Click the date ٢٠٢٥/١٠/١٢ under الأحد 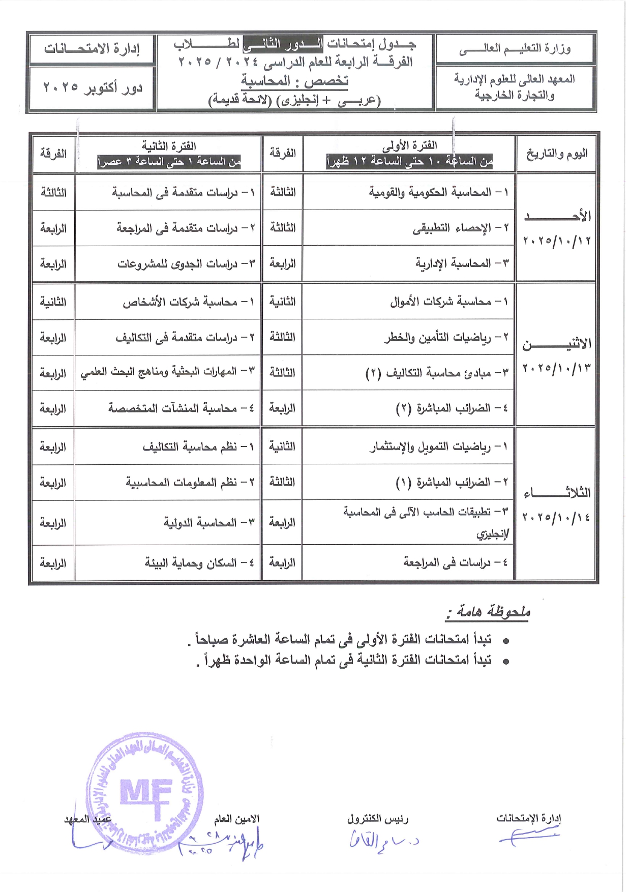click(556, 241)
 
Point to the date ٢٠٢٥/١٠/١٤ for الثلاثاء click(556, 517)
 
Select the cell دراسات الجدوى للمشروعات click(186, 264)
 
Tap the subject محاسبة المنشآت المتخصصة click(181, 408)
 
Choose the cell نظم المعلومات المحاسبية click(189, 483)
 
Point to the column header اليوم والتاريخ click(556, 154)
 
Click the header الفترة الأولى click(409, 145)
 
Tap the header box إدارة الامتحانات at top click(92, 49)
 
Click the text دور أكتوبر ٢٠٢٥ click(92, 87)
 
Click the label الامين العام click(236, 819)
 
